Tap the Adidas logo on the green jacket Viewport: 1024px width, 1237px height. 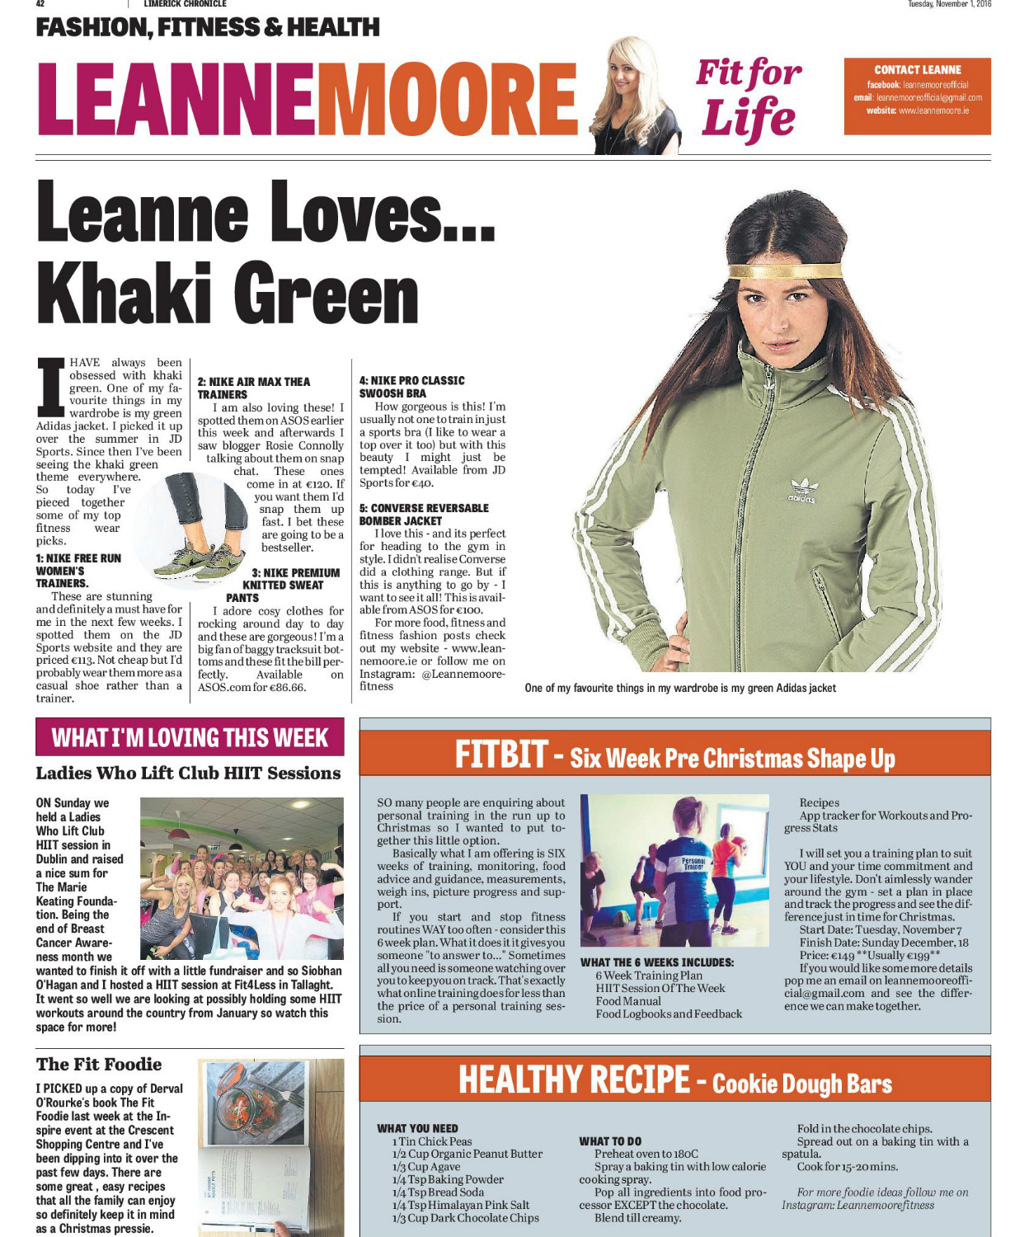tap(803, 490)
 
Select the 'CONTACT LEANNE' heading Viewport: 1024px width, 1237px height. tap(918, 70)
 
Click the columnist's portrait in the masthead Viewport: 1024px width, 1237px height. tap(624, 96)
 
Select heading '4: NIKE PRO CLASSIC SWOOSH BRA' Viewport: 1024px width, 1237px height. tap(412, 387)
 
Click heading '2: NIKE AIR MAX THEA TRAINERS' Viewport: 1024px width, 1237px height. tap(254, 388)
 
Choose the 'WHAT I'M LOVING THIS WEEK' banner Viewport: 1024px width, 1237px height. tap(190, 737)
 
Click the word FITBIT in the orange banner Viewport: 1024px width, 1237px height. tap(500, 755)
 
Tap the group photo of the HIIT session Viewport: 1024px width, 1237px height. tap(242, 879)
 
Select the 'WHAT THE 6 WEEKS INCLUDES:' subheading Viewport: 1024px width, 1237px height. tap(657, 962)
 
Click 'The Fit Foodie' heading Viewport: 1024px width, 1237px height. tap(99, 1064)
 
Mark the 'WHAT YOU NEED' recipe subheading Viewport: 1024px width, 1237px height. tap(417, 1128)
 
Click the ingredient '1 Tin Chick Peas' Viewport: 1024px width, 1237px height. tap(432, 1141)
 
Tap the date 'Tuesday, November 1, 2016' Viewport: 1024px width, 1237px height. tap(949, 4)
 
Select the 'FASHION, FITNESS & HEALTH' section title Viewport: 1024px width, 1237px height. tap(208, 28)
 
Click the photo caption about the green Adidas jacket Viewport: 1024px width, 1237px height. tap(680, 688)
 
